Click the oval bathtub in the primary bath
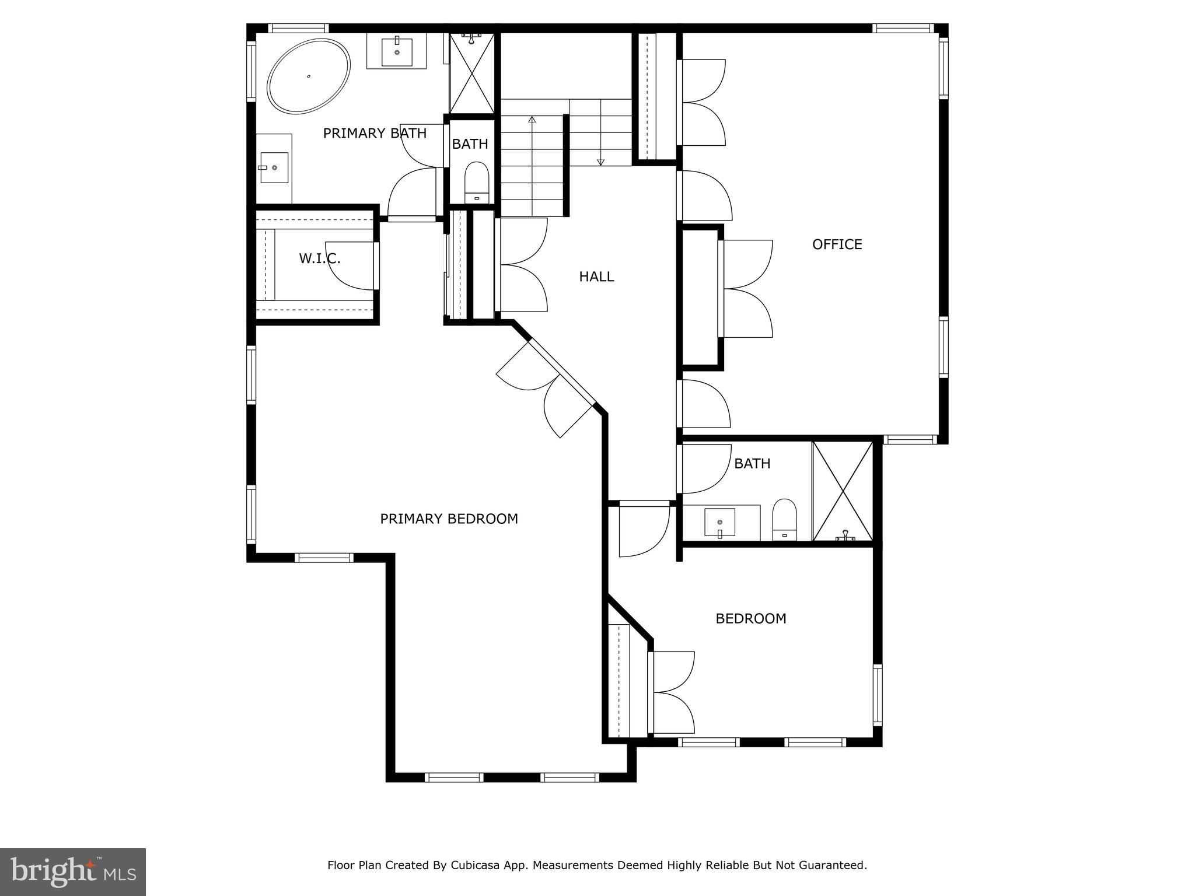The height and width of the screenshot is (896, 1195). point(309,76)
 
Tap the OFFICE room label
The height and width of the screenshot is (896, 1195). point(837,244)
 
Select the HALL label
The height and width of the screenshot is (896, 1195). point(596,276)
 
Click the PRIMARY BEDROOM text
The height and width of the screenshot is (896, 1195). point(449,519)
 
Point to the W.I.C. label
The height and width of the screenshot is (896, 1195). point(320,258)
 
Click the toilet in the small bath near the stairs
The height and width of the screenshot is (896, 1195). point(476,181)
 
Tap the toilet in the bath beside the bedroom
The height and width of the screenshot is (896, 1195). point(784,519)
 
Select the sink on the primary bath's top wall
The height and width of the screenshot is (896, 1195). point(397,52)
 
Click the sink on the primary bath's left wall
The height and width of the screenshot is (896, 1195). point(274,167)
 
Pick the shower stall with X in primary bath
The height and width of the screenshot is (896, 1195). point(471,74)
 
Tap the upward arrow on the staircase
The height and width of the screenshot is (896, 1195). point(532,120)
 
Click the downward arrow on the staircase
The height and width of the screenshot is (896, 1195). point(600,162)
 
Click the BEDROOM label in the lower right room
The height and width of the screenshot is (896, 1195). point(750,618)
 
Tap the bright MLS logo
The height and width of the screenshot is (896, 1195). point(72,871)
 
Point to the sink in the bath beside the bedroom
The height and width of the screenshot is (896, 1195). point(720,521)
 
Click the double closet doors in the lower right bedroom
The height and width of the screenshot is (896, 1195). point(673,692)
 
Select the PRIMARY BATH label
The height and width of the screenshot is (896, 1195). point(375,134)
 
